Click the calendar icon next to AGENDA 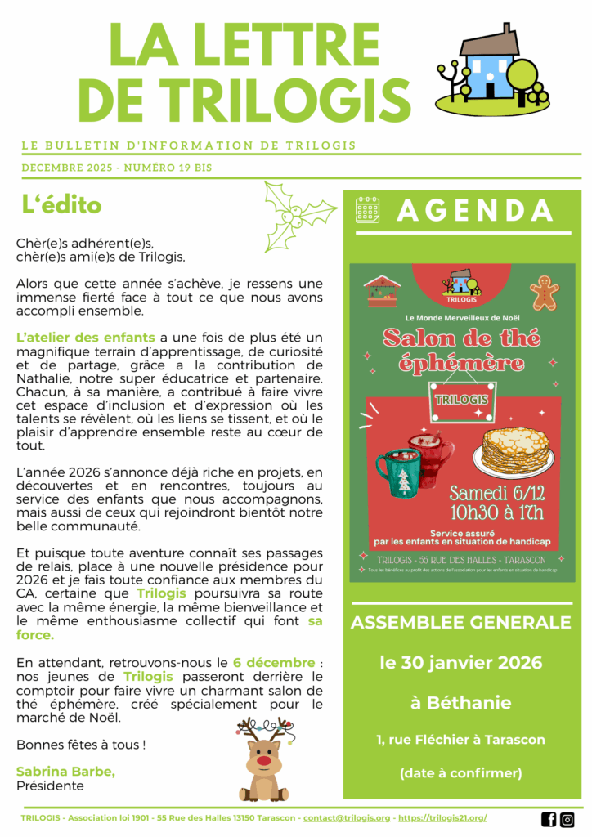367,210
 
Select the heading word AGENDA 475,210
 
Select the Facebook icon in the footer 549,819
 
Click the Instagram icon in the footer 567,819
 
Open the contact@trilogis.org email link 347,818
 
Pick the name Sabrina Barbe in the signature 65,772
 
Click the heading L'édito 61,205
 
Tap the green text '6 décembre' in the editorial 273,662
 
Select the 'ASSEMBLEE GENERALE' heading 461,623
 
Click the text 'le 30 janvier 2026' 461,662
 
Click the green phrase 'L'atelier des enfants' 85,338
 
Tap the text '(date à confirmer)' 460,772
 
